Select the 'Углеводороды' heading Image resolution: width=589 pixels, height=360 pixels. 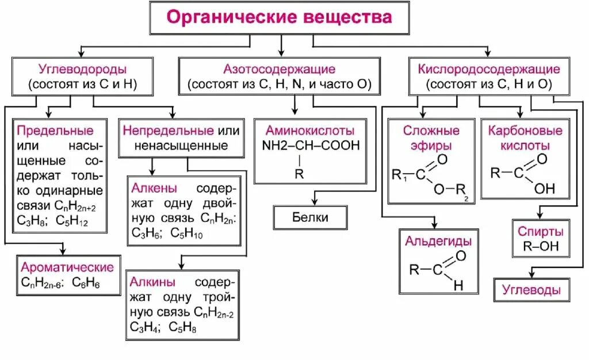pos(82,70)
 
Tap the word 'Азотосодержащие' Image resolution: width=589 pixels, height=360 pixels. pos(279,70)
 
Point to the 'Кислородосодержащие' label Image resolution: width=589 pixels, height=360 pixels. pos(489,70)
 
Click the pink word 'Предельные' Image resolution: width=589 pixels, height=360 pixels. pos(55,130)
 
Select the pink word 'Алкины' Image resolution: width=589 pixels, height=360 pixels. pos(152,282)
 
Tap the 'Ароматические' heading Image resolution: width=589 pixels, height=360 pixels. pos(67,267)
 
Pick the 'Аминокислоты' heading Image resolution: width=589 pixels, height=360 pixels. pos(311,130)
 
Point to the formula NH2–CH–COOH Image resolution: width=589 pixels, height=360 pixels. pos(311,145)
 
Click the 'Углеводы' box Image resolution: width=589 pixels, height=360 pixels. pos(531,290)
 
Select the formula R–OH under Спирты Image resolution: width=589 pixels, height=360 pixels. pos(537,248)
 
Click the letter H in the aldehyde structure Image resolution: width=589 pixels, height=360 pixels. pos(457,285)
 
